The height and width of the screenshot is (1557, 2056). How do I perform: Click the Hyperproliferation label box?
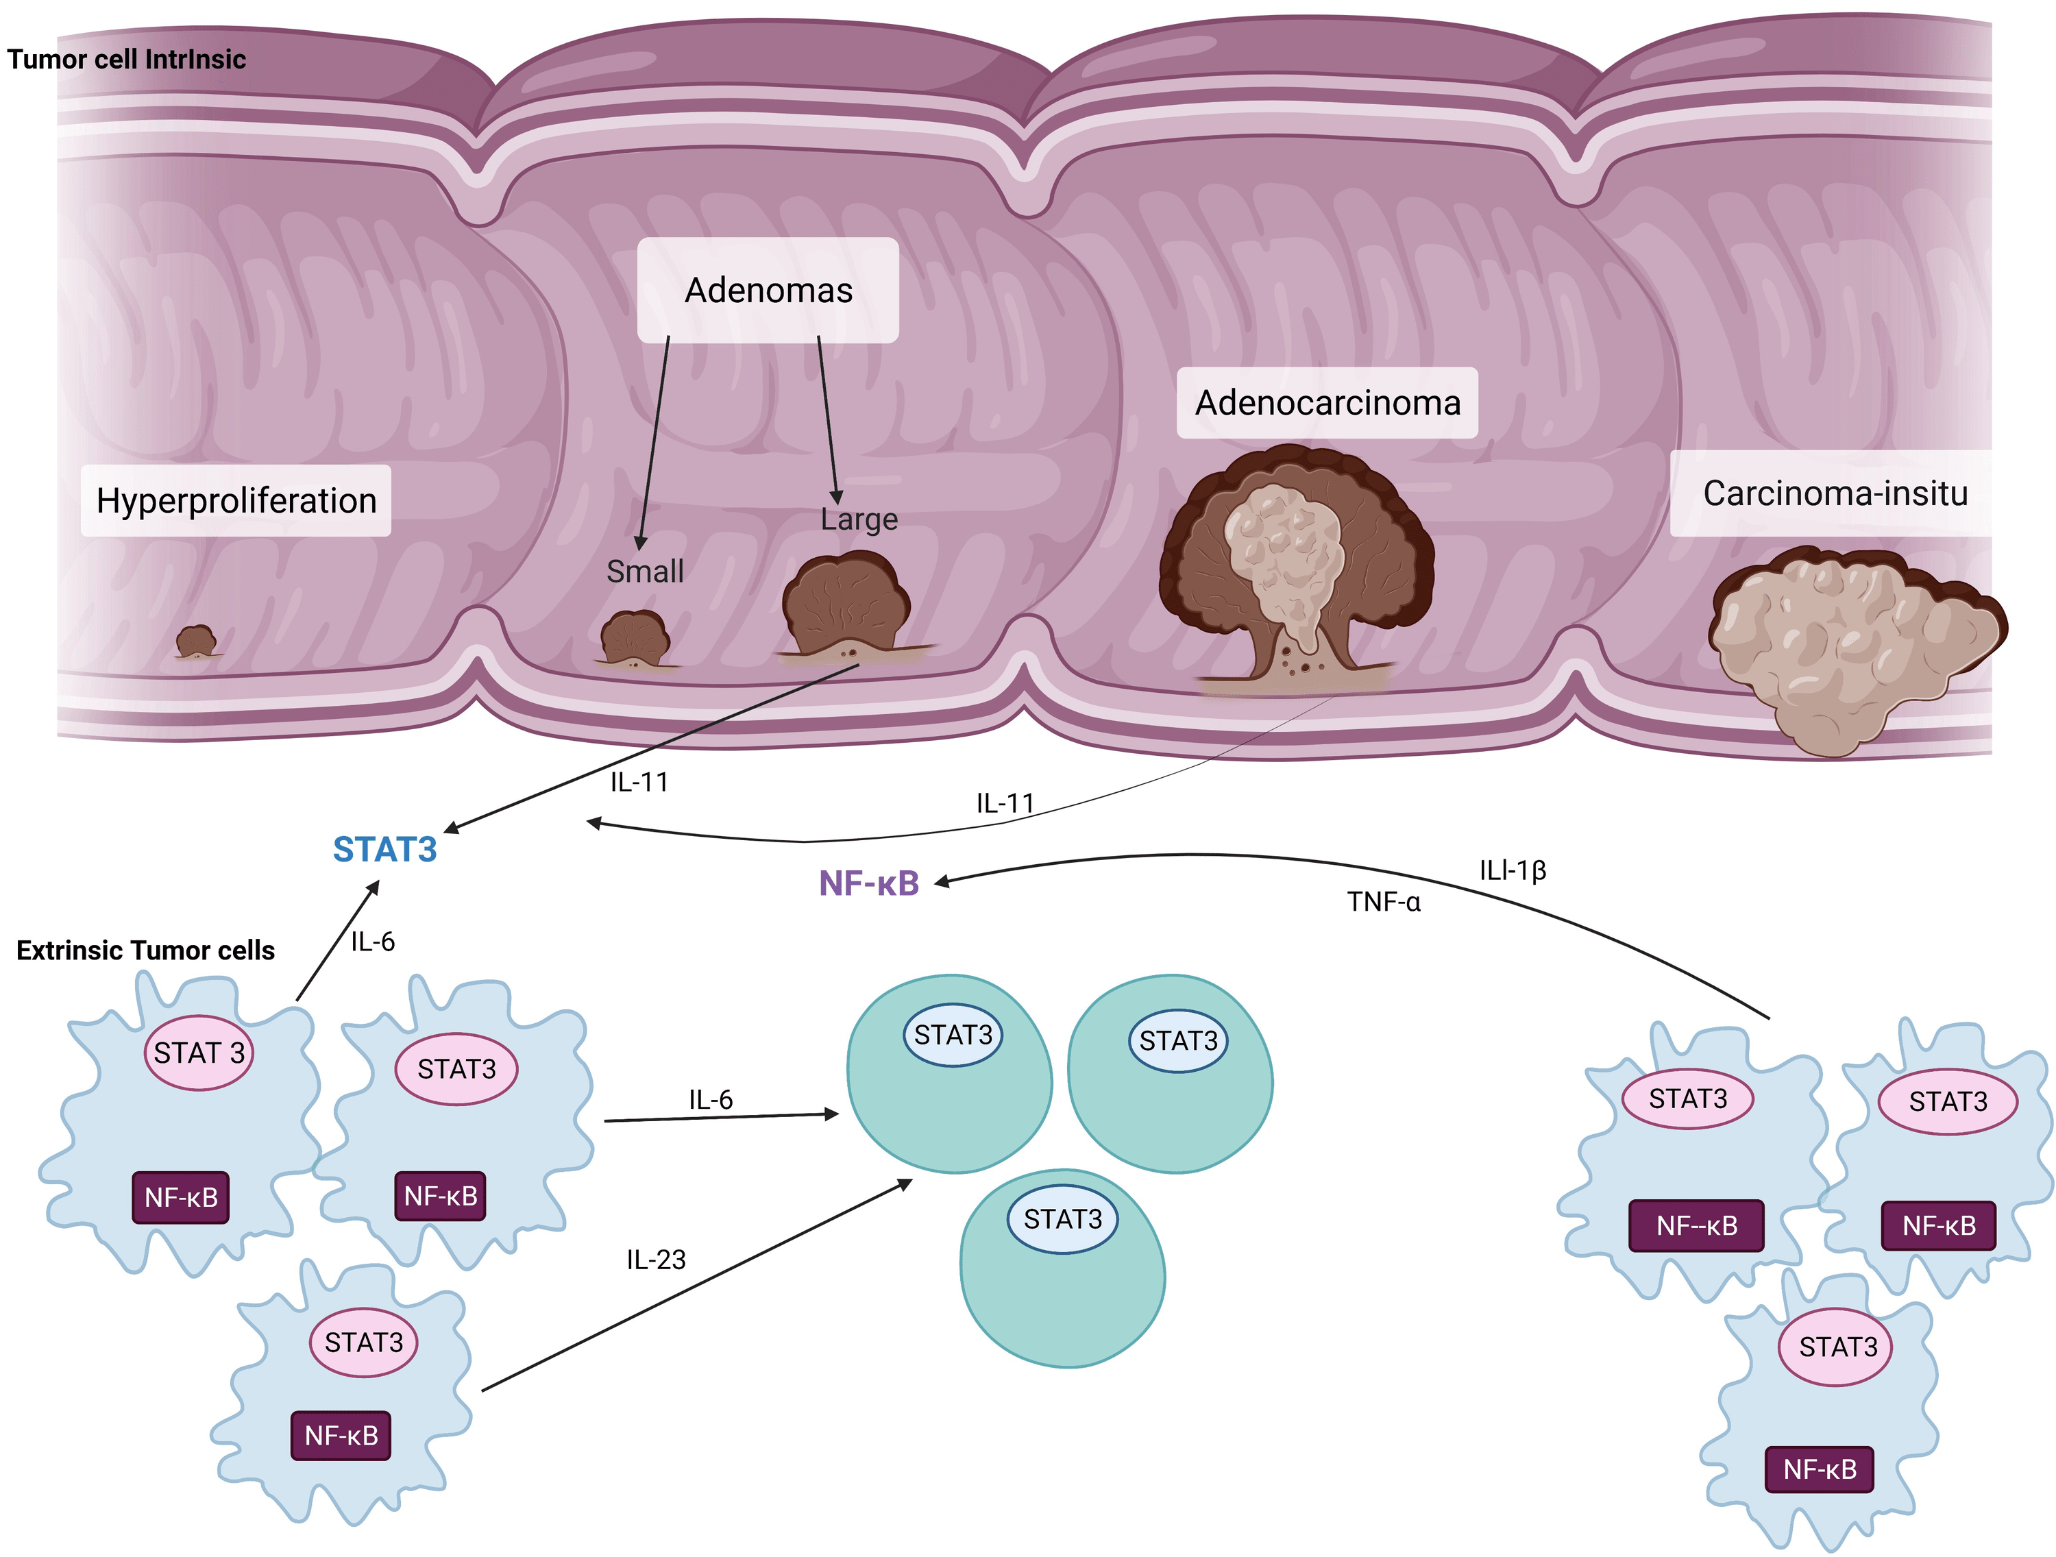coord(236,501)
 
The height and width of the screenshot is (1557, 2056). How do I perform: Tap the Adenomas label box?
coord(768,290)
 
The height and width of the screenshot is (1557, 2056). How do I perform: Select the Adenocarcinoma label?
coord(1327,402)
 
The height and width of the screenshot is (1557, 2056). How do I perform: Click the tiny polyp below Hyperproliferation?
coord(196,641)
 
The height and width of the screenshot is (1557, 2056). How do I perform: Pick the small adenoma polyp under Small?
coord(635,639)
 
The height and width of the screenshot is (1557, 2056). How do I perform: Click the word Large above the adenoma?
coord(859,519)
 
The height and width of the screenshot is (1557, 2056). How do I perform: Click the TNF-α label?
coord(1384,902)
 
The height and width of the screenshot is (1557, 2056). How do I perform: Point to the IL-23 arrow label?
coord(657,1260)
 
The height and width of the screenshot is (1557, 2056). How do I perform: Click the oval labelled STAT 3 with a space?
coord(199,1053)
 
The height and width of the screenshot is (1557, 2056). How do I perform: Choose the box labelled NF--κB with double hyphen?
coord(1696,1226)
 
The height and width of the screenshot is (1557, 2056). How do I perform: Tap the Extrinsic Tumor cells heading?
coord(146,950)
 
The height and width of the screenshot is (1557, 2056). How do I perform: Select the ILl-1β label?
coord(1513,870)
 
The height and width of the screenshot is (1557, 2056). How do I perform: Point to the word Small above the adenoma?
coord(645,571)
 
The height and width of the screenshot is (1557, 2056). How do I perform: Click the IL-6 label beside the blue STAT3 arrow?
coord(373,942)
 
